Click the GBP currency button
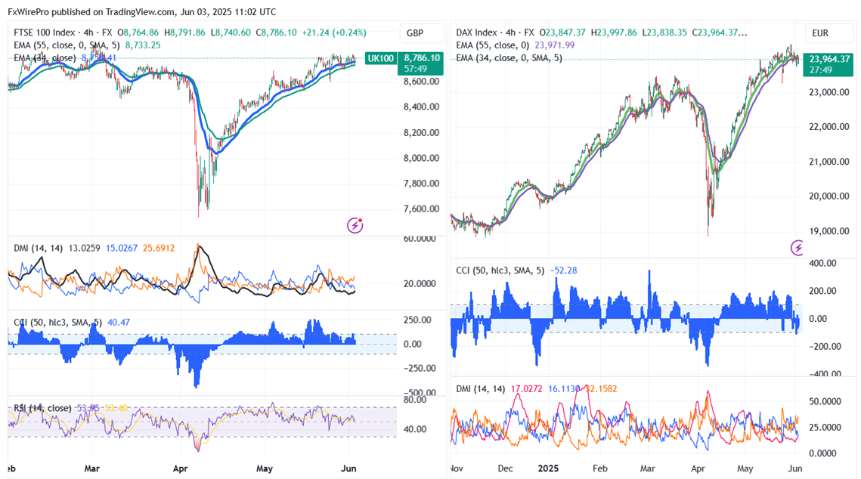[415, 33]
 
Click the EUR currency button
[820, 33]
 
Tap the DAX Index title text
[476, 32]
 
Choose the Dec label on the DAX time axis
[505, 468]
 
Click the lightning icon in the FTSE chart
[355, 224]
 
